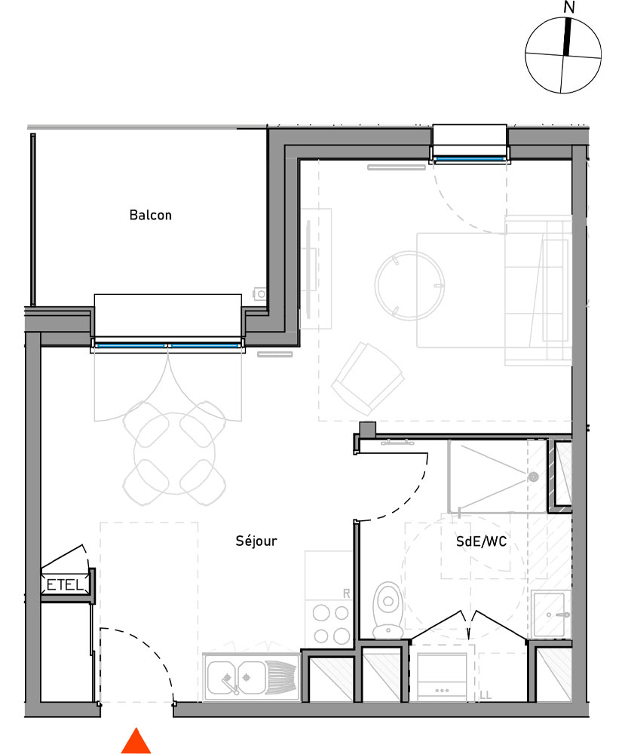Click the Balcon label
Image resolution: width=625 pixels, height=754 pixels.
pos(151,216)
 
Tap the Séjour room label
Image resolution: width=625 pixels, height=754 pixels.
pos(256,541)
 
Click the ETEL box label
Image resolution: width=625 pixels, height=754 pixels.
pos(66,584)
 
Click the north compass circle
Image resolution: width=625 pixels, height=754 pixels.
pos(562,56)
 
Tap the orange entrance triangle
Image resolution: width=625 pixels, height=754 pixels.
pos(136,741)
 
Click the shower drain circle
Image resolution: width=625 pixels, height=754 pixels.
pos(533,477)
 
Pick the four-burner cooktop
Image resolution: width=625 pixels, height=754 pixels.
pos(330,623)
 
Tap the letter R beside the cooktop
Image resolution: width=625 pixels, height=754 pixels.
pos(347,594)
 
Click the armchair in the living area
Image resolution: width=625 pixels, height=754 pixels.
pos(367,377)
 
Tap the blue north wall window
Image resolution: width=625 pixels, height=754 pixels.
pos(469,158)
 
